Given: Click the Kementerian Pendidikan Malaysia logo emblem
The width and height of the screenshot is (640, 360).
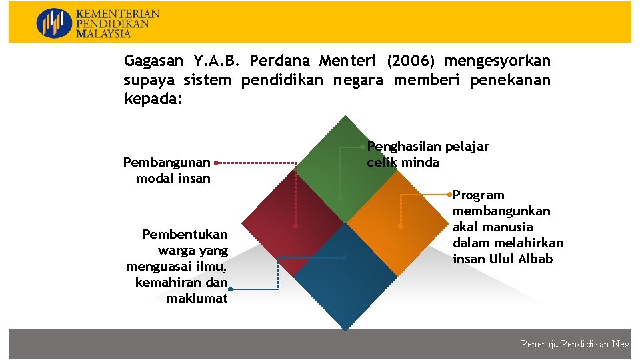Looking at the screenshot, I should (x=53, y=23).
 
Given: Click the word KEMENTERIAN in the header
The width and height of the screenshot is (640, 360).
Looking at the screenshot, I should (x=117, y=14).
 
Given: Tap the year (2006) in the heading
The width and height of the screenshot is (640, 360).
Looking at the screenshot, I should (x=411, y=61).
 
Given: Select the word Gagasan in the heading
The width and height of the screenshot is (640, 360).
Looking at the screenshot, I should (x=153, y=61).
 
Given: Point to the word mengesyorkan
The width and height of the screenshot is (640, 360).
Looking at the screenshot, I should (x=497, y=61).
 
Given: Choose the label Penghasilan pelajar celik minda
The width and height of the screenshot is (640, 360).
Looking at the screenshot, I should (x=427, y=154).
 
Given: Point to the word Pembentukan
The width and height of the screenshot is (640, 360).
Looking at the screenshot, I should (x=185, y=234).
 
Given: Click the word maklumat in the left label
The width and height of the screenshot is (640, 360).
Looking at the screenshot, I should (x=197, y=298).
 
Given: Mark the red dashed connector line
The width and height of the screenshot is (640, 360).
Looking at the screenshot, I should (x=257, y=162).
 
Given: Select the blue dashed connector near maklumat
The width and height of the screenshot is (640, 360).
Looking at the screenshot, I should (x=254, y=289).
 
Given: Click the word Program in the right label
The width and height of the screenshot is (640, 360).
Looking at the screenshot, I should (x=479, y=195).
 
